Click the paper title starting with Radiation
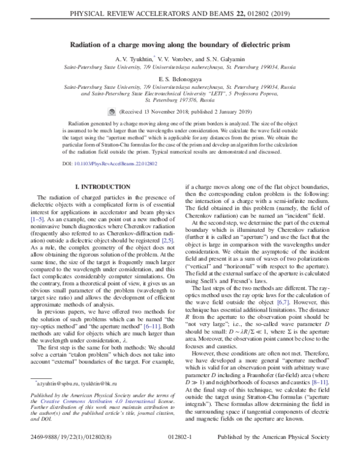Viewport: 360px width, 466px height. pos(179,44)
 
